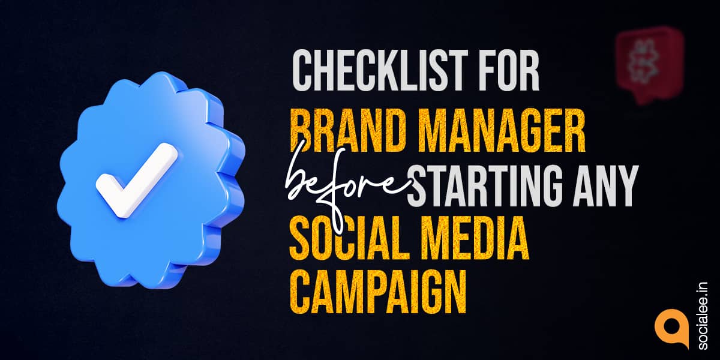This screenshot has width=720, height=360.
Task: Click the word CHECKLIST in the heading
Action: [x=380, y=71]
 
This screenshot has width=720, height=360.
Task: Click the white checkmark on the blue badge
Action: [x=136, y=179]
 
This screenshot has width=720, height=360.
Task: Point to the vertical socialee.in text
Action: [x=703, y=316]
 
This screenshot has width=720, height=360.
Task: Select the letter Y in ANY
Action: [x=627, y=186]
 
